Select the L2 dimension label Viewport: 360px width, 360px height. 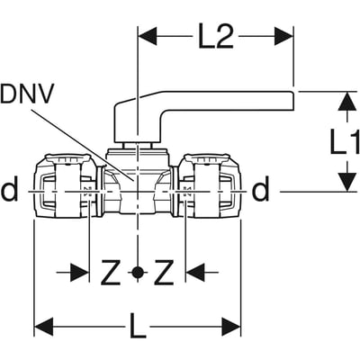(x=216, y=37)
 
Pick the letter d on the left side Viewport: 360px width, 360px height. (x=10, y=190)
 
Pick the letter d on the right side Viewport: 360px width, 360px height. (x=261, y=190)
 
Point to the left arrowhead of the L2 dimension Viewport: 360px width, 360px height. (x=146, y=37)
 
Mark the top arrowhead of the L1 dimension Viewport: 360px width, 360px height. (x=343, y=100)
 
